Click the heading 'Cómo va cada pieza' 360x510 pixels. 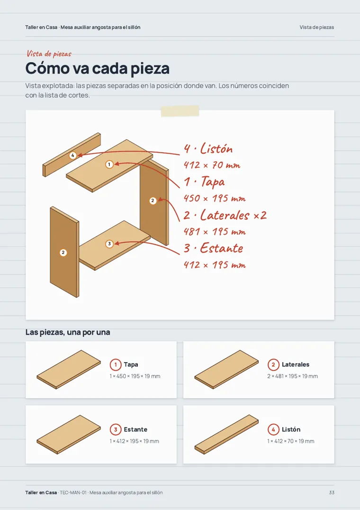click(98, 68)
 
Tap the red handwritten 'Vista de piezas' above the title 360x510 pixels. click(49, 54)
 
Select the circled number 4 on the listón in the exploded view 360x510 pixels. click(73, 155)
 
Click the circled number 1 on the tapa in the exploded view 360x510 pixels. click(109, 164)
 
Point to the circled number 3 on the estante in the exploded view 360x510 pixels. click(109, 244)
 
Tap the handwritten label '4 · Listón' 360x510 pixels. click(208, 149)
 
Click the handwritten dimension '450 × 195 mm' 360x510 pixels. click(215, 198)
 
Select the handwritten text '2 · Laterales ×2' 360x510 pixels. click(225, 215)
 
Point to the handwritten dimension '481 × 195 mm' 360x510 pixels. click(215, 232)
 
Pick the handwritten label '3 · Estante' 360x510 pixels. click(214, 248)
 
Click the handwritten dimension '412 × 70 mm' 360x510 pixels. click(212, 165)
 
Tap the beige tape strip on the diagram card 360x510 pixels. click(180, 111)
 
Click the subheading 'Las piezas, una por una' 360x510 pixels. click(68, 332)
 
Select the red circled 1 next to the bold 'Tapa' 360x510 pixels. click(116, 364)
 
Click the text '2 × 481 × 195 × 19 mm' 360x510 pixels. click(292, 376)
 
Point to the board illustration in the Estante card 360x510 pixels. click(69, 434)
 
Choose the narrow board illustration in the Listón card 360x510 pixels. click(226, 434)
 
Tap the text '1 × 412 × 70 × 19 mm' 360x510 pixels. click(291, 441)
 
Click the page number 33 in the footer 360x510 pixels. click(332, 492)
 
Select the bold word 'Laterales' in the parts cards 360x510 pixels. click(296, 364)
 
